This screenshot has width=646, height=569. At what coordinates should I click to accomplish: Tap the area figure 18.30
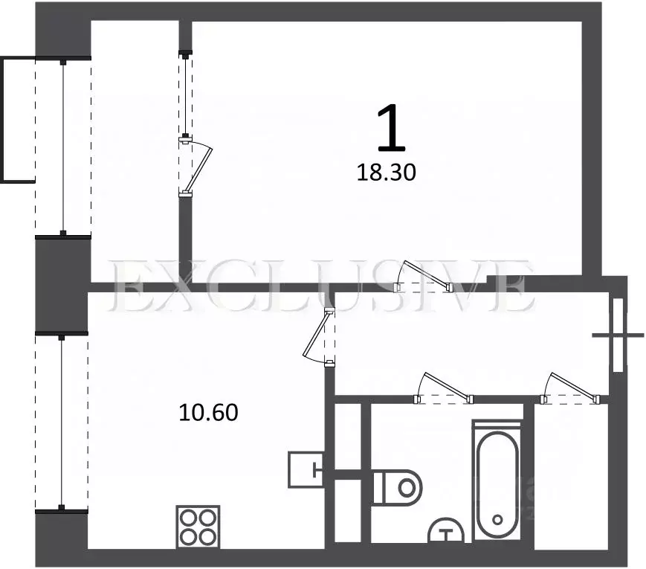pyautogui.click(x=386, y=173)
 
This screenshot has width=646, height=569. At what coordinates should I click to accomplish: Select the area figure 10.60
pyautogui.click(x=208, y=412)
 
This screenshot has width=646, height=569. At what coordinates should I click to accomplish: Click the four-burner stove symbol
pyautogui.click(x=198, y=527)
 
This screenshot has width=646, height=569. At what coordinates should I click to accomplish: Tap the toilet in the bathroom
pyautogui.click(x=398, y=487)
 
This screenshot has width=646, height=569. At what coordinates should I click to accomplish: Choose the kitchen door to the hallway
pyautogui.click(x=318, y=338)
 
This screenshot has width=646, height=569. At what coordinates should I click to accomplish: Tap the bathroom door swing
pyautogui.click(x=444, y=388)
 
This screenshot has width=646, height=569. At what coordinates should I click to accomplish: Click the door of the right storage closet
pyautogui.click(x=571, y=388)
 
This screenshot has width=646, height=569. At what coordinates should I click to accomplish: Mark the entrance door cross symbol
pyautogui.click(x=618, y=335)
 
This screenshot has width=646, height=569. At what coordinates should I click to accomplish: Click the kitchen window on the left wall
pyautogui.click(x=62, y=422)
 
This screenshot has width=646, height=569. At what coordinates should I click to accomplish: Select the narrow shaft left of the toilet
pyautogui.click(x=347, y=472)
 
